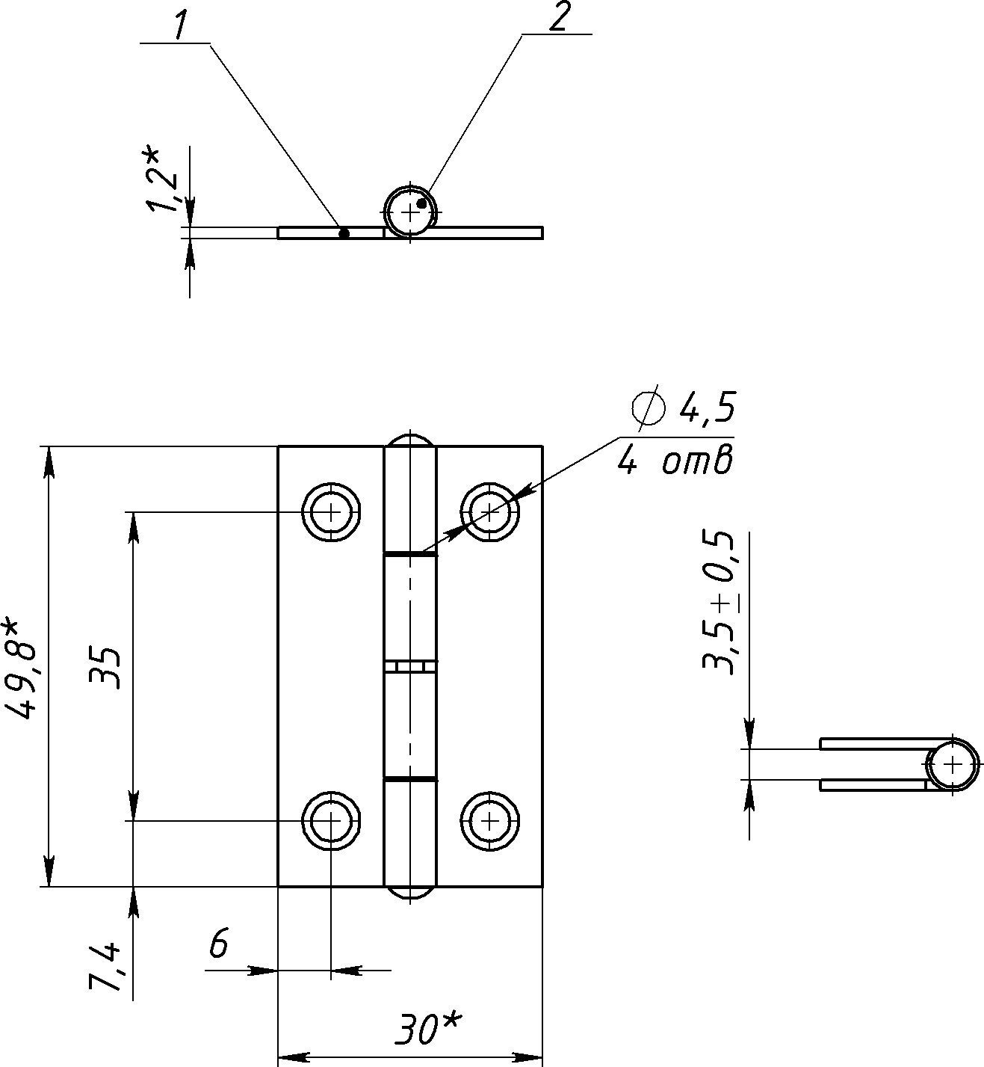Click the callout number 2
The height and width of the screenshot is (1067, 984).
[x=557, y=19]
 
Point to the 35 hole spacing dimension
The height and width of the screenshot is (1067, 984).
[x=105, y=668]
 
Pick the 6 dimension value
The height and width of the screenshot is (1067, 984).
[x=217, y=944]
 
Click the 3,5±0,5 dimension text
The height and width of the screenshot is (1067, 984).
[x=719, y=603]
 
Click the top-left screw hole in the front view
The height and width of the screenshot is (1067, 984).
[x=331, y=512]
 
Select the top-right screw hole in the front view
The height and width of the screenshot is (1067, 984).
[x=489, y=512]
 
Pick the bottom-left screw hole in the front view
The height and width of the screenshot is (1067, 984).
[x=331, y=821]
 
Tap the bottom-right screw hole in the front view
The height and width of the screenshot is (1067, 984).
[x=489, y=821]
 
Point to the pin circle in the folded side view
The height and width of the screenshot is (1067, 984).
[x=953, y=765]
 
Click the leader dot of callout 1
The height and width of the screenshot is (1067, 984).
[x=344, y=233]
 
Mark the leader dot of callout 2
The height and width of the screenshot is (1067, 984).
[x=421, y=203]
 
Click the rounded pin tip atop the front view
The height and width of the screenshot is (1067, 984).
[x=410, y=438]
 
